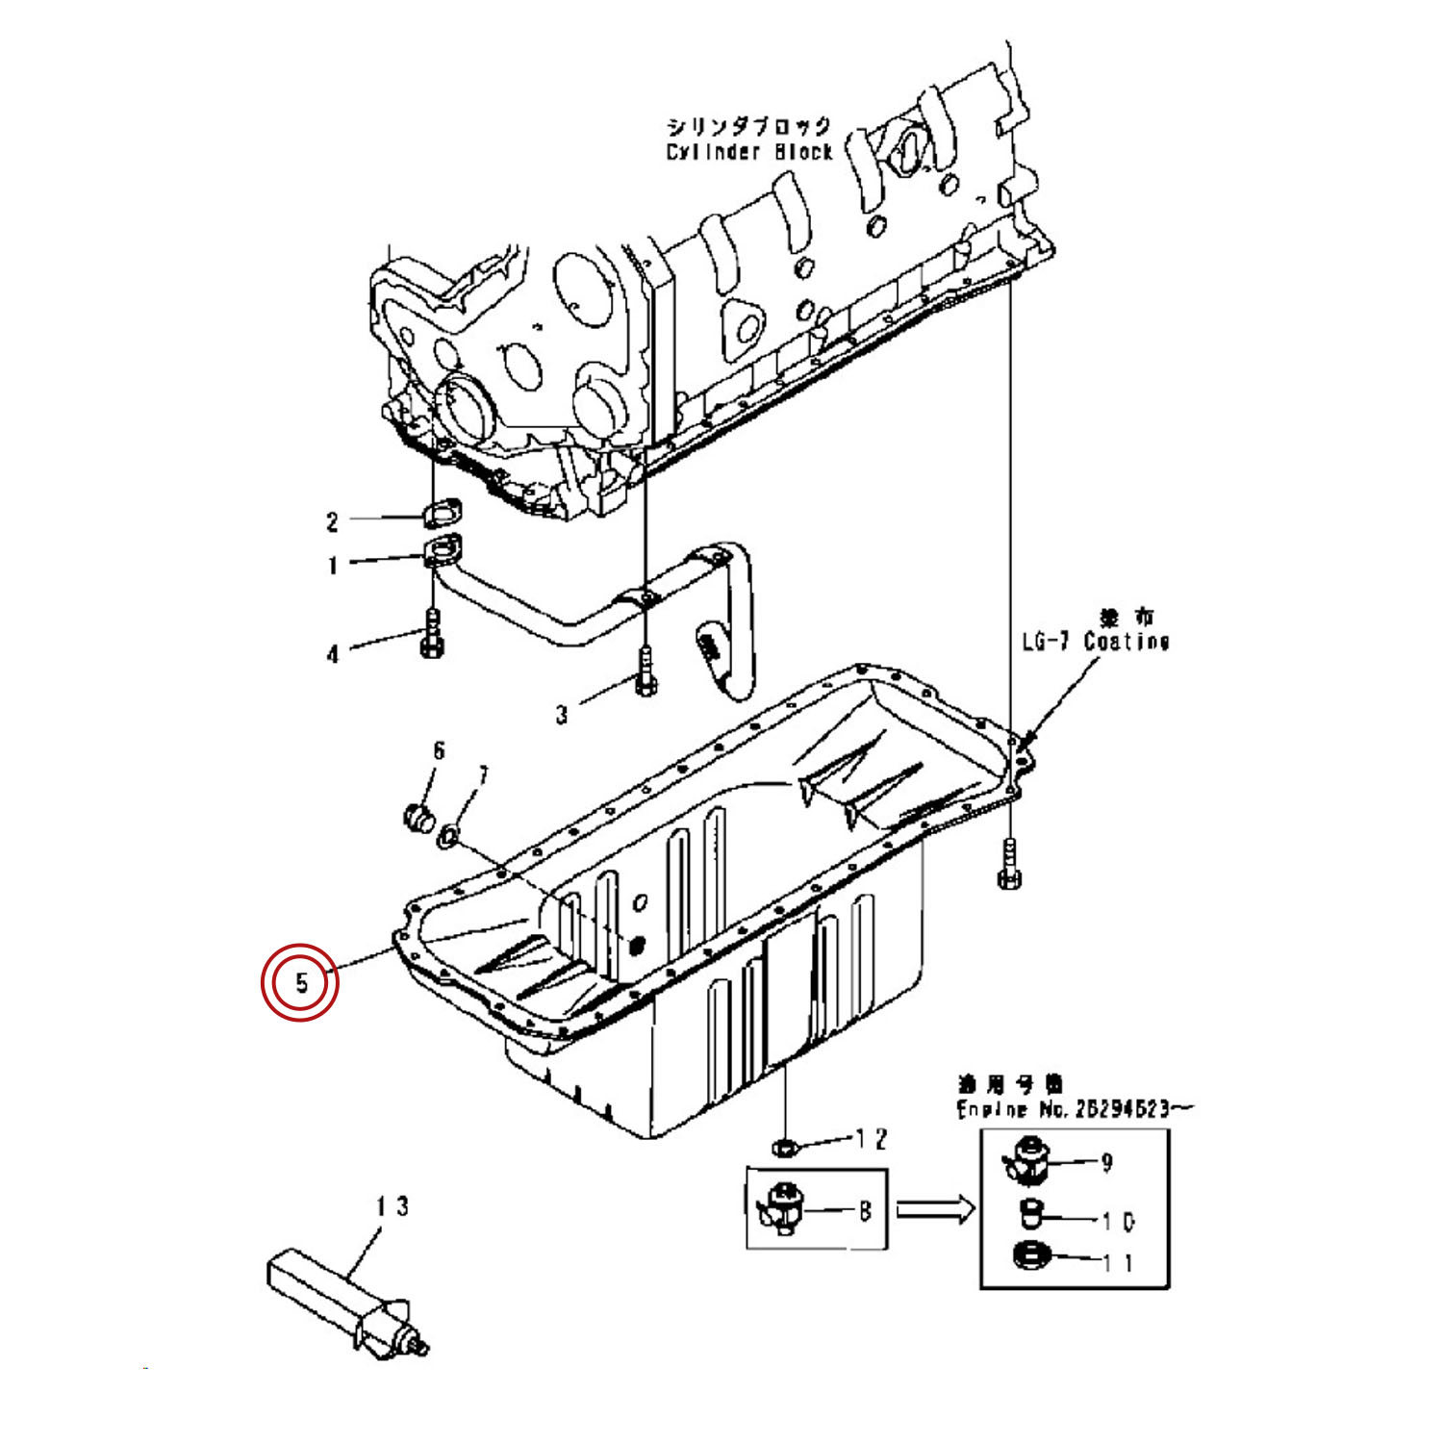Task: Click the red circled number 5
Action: pos(301,982)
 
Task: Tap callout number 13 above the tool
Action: pos(392,1205)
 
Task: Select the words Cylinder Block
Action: pos(748,152)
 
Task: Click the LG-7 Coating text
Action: pos(1095,642)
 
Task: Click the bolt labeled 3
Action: pos(645,671)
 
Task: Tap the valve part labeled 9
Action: pos(1027,1160)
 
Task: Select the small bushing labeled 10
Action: pos(1031,1215)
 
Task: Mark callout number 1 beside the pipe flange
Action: pos(333,565)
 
